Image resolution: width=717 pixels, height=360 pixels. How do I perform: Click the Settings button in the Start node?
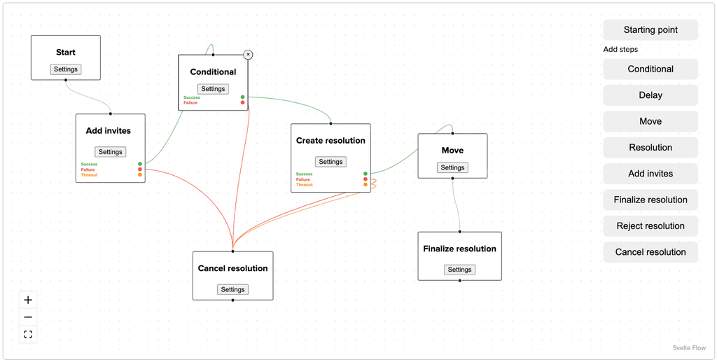(x=66, y=69)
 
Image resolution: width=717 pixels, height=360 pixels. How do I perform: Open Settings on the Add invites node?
(x=110, y=152)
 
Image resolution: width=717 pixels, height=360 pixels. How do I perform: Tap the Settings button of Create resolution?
(x=330, y=162)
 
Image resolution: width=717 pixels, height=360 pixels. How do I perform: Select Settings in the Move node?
(x=453, y=168)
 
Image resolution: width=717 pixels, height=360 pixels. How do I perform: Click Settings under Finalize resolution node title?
(x=459, y=270)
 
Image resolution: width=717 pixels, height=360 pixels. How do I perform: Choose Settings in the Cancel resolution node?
(x=232, y=289)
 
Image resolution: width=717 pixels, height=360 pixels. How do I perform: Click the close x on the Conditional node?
(x=248, y=55)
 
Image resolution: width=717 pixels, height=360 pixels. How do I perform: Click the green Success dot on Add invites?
(x=140, y=164)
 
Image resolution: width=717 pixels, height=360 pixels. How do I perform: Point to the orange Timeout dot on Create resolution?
(x=366, y=185)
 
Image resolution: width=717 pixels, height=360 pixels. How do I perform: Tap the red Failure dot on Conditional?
(x=242, y=102)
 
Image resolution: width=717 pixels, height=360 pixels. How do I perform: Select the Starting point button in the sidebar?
(x=650, y=30)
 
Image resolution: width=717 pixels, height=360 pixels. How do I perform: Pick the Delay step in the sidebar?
(x=650, y=96)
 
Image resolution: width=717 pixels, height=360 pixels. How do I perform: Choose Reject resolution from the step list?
(x=650, y=226)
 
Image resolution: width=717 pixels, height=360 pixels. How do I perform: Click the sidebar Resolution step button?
(x=650, y=148)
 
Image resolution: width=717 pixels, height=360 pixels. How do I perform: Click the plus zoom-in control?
(x=28, y=300)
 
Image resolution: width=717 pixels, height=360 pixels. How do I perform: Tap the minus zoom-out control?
(x=28, y=317)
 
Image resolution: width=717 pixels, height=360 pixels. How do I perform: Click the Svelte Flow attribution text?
(x=689, y=348)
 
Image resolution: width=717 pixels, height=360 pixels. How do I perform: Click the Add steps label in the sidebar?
(x=620, y=50)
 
